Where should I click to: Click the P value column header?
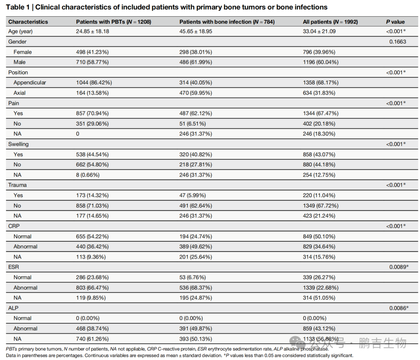pos(395,22)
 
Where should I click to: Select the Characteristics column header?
pos(28,22)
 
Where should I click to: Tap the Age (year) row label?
pos(20,31)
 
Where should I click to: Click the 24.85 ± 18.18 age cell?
pos(93,31)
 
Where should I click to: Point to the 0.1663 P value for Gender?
pos(398,42)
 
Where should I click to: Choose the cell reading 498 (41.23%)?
pos(92,52)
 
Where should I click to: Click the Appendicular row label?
pos(30,82)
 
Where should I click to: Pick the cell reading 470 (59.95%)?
pos(196,93)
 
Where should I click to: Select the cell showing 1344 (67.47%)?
pos(320,113)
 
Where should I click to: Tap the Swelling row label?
pos(18,144)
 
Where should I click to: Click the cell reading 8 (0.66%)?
pos(87,175)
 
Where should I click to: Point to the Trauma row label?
pos(17,185)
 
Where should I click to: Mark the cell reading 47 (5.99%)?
pos(192,195)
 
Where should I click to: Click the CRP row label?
pos(14,226)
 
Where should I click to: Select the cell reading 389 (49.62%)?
pos(196,246)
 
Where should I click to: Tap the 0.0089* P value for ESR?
pos(399,267)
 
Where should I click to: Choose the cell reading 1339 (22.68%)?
pos(320,288)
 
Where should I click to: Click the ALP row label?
pos(13,308)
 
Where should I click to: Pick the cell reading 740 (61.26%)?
pos(92,339)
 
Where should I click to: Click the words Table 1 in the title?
pos(17,7)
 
